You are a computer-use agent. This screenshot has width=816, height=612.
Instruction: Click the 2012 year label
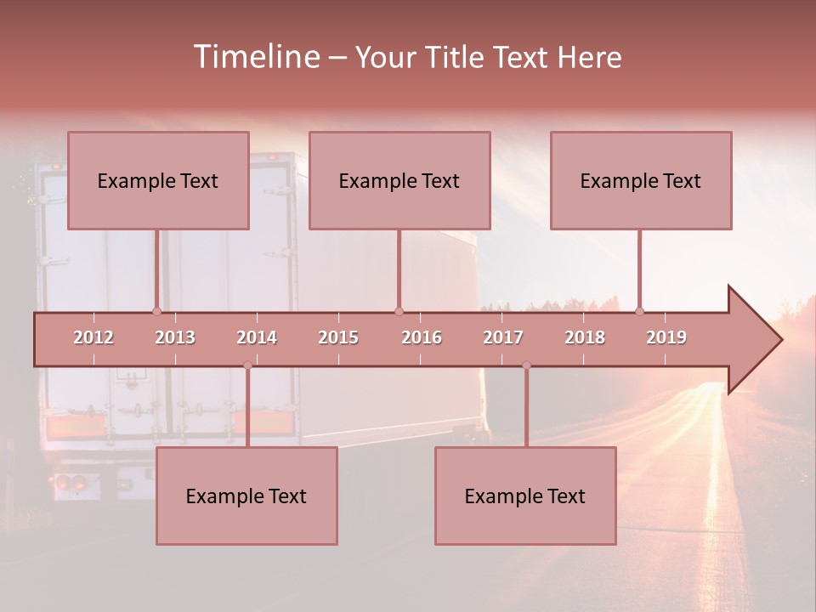click(x=93, y=337)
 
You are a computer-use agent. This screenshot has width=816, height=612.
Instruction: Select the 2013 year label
click(x=175, y=337)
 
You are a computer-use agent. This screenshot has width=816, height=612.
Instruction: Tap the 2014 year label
click(x=257, y=337)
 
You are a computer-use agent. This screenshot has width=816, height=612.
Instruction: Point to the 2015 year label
click(x=338, y=337)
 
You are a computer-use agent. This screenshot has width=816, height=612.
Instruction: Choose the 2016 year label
click(x=422, y=337)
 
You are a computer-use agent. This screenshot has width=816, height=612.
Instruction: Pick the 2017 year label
click(x=503, y=337)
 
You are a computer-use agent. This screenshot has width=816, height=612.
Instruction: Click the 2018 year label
click(x=585, y=337)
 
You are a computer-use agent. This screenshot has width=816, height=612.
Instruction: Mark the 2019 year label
click(x=666, y=337)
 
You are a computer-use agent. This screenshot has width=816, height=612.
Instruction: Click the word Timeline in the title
click(x=256, y=57)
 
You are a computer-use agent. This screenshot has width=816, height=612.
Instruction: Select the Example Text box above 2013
click(x=158, y=180)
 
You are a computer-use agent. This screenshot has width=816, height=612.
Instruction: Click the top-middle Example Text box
click(x=399, y=180)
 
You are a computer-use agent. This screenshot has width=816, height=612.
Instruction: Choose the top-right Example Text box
click(x=641, y=180)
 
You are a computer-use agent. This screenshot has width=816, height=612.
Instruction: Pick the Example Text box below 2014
click(x=246, y=496)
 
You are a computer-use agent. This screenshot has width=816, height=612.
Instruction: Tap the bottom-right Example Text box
click(x=525, y=496)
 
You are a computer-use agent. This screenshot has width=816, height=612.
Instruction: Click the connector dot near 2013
click(x=156, y=311)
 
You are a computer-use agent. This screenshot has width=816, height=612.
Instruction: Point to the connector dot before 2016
click(x=399, y=311)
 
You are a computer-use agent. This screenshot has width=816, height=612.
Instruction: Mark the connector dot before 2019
click(x=639, y=311)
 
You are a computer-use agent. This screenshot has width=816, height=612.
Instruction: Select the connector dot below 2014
click(x=247, y=365)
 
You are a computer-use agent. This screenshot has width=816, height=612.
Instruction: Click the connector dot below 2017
click(x=526, y=365)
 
